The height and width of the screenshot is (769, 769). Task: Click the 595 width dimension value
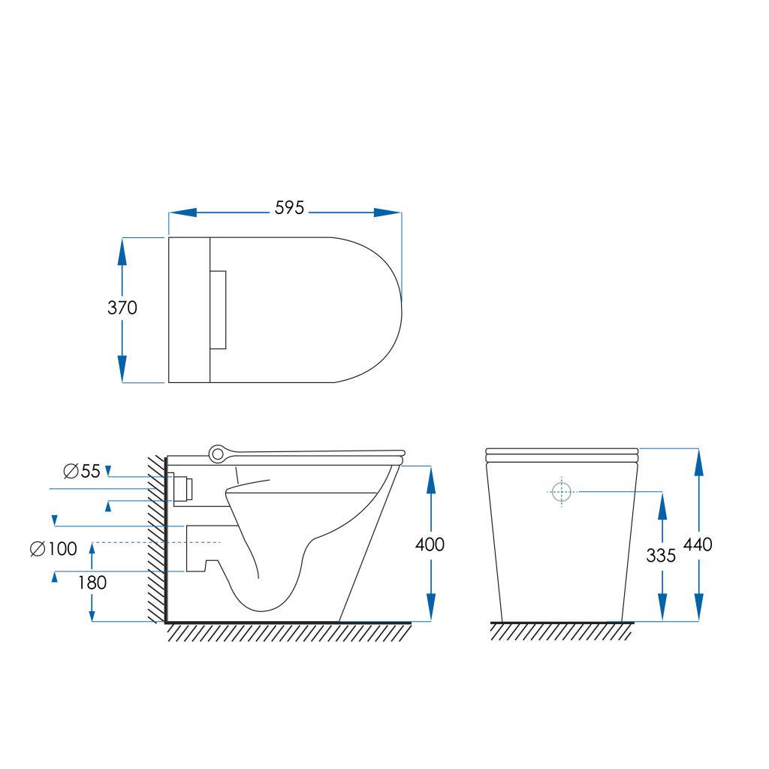click(289, 208)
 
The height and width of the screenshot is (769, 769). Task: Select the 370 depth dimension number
click(122, 308)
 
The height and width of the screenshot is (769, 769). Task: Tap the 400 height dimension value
click(430, 544)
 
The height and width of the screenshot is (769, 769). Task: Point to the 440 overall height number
click(698, 544)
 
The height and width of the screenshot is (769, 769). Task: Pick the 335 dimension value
click(661, 556)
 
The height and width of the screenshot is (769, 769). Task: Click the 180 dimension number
click(92, 583)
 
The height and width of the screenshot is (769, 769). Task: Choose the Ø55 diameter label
click(82, 472)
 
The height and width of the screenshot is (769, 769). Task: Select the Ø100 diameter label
click(53, 549)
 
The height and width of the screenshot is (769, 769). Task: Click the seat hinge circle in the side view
click(217, 454)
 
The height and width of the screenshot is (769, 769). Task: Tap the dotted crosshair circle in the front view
click(562, 492)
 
